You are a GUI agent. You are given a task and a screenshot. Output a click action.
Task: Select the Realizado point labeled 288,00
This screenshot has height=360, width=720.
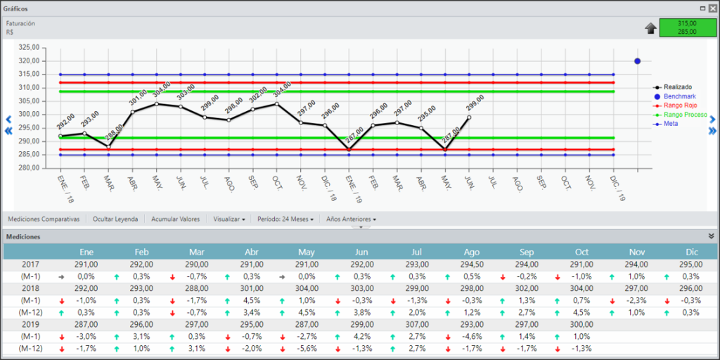point(108,146)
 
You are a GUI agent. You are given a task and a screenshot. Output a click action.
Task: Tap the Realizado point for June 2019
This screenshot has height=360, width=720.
point(469,117)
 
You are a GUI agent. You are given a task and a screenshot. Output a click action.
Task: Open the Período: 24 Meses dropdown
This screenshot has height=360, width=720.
point(285,219)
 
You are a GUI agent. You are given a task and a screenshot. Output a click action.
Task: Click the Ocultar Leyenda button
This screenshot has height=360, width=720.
point(115,219)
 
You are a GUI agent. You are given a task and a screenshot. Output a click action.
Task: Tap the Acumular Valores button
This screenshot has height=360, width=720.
point(175,219)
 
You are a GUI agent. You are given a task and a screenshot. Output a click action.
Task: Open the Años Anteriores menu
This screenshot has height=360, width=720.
point(352,219)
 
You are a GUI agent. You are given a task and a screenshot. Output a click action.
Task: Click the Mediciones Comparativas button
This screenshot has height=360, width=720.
point(44,219)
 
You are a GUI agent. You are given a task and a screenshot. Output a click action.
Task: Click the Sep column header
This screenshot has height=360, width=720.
point(527,252)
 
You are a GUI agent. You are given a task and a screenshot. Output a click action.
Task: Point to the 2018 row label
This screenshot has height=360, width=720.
point(31,288)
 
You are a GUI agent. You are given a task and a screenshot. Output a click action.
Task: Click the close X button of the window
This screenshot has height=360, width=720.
point(712,8)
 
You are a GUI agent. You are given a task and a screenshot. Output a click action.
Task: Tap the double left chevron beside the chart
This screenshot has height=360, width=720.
point(8,131)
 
